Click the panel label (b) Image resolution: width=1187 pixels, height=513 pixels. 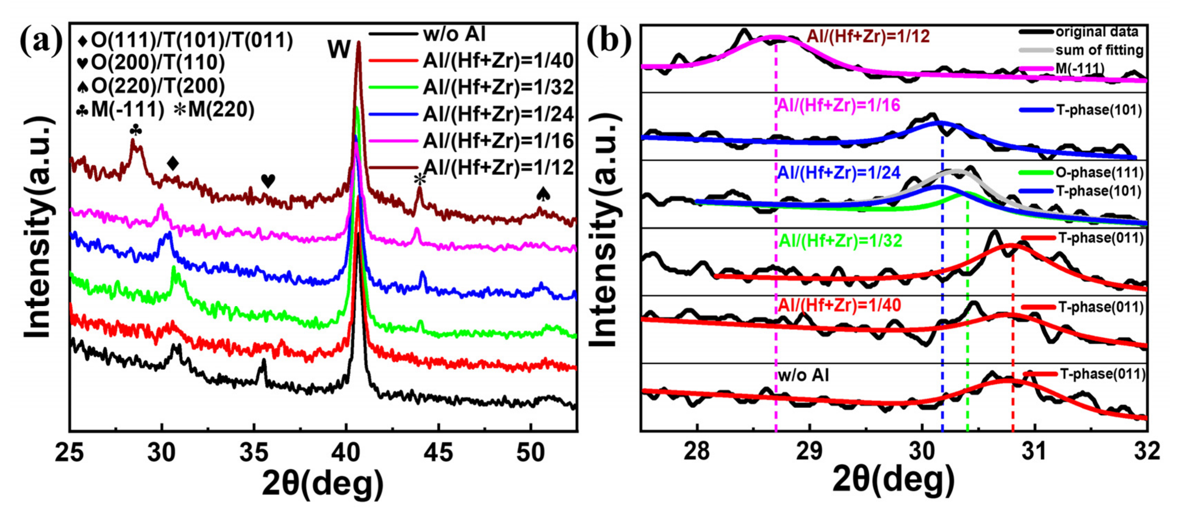point(609,42)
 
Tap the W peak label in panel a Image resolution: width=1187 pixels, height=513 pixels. point(339,49)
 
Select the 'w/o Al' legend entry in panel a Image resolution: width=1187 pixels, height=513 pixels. point(454,34)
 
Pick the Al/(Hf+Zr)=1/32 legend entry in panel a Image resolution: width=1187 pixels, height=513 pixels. point(498,87)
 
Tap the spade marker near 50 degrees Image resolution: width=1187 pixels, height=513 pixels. point(543,194)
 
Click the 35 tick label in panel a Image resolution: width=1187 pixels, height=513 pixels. point(254,453)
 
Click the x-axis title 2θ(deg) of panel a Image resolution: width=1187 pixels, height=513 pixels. point(322,484)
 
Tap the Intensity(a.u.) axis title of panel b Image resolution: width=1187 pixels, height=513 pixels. point(605,231)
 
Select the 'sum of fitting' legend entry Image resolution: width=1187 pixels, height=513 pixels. point(1099,50)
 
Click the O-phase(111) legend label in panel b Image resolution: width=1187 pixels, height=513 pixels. point(1099,173)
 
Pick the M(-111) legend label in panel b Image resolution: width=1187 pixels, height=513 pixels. point(1080,69)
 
